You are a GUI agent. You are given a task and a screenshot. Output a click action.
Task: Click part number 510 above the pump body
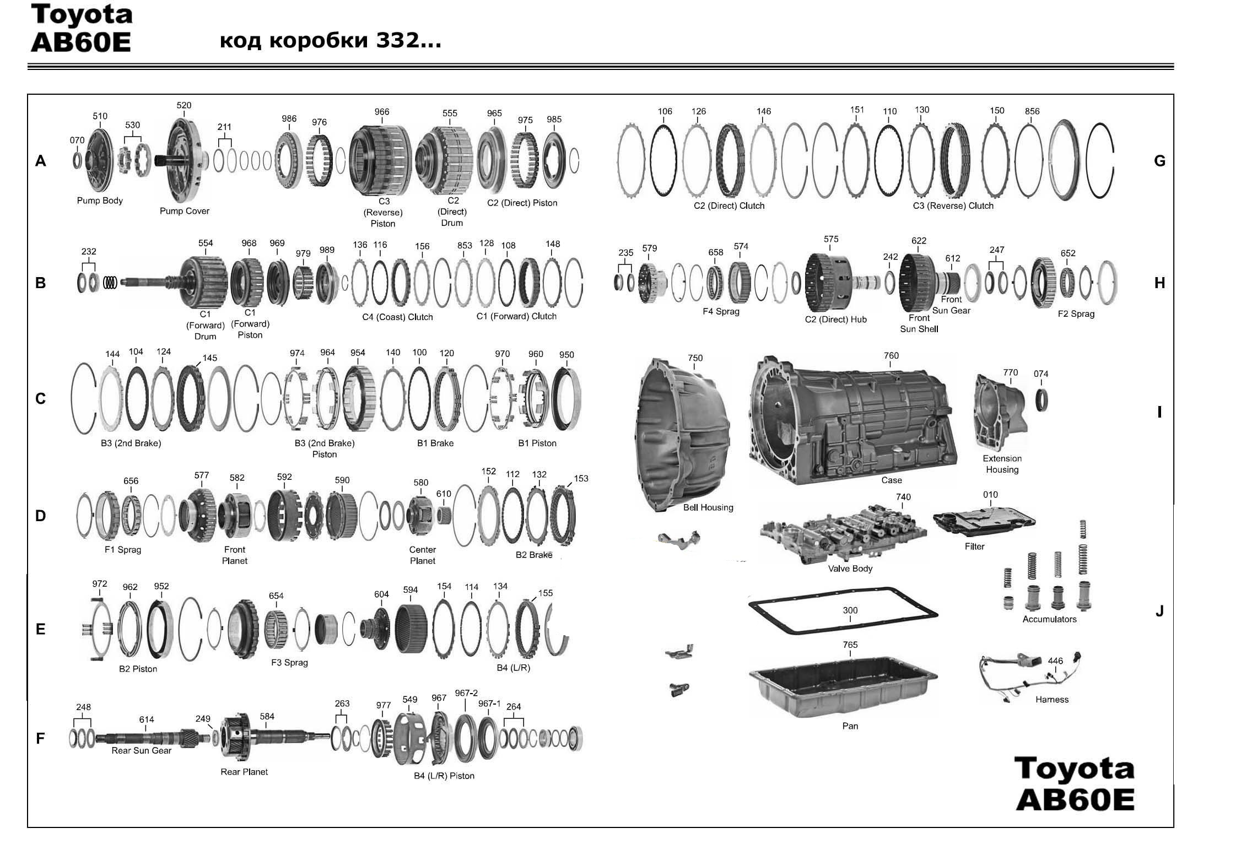point(100,116)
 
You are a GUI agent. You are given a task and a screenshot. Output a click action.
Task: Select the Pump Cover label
point(184,211)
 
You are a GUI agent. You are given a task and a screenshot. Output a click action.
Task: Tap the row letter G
point(1159,161)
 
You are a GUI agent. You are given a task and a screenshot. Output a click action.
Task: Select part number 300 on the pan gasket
point(850,610)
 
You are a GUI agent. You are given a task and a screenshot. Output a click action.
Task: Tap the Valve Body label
point(850,569)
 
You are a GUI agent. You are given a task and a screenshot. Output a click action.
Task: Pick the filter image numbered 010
point(984,520)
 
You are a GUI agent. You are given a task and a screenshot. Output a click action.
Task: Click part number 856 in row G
point(1032,111)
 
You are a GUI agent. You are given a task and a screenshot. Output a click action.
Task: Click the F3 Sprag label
point(289,663)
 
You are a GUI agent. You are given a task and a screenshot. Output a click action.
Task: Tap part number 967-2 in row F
point(466,693)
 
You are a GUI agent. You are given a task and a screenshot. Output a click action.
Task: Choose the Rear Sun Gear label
point(141,750)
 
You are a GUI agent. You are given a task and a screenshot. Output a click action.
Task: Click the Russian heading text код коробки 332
point(330,41)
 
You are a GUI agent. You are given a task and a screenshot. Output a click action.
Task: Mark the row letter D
point(40,516)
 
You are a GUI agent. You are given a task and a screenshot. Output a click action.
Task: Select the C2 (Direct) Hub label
point(835,320)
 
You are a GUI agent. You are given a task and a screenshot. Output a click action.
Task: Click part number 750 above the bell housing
point(695,358)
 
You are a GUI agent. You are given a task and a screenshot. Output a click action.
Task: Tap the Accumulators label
point(1049,619)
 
